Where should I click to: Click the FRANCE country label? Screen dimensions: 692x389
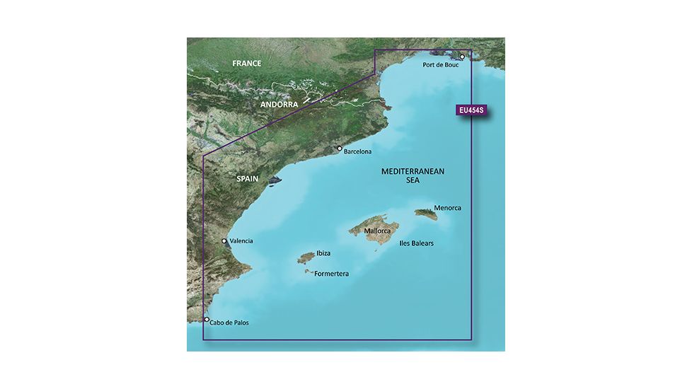coord(247,64)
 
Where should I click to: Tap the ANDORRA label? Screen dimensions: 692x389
coord(279,105)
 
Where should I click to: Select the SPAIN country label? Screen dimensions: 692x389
coord(247,180)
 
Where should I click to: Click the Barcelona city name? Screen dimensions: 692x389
coord(357,151)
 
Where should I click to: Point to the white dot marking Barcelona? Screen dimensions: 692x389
coord(340,149)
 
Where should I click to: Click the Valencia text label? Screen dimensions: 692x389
coord(241,241)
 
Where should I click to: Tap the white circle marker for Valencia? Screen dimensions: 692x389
coord(224,241)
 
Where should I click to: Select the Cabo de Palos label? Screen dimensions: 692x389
coord(230,323)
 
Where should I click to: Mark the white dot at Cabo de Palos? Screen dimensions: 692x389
coord(207,320)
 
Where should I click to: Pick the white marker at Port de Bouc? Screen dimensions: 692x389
coord(462,57)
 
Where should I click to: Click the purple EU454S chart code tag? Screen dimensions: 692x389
coord(473,111)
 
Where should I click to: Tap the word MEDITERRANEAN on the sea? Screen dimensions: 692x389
coord(413,172)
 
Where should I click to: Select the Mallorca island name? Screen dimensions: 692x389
coord(378,231)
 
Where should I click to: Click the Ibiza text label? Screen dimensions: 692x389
coord(323,252)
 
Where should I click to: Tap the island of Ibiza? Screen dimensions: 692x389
coord(306,258)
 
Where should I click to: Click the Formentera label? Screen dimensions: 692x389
coord(332,273)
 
